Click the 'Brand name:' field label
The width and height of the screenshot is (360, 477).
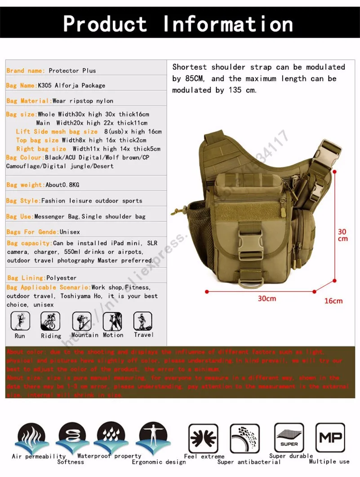pos(26,71)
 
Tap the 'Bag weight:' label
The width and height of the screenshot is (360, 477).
pos(26,185)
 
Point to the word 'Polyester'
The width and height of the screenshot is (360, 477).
pos(62,278)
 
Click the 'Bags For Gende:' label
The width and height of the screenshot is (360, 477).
pos(32,232)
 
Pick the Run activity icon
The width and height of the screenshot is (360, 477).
pos(20,321)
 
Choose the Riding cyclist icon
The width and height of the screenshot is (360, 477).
pos(50,321)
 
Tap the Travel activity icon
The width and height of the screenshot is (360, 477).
pos(143,321)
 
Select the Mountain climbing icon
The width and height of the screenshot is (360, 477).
pos(81,321)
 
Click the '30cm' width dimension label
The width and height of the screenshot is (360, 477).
pos(267,299)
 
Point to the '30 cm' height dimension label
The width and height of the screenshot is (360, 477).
pos(342,235)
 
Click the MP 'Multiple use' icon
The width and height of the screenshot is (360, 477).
pos(330,437)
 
